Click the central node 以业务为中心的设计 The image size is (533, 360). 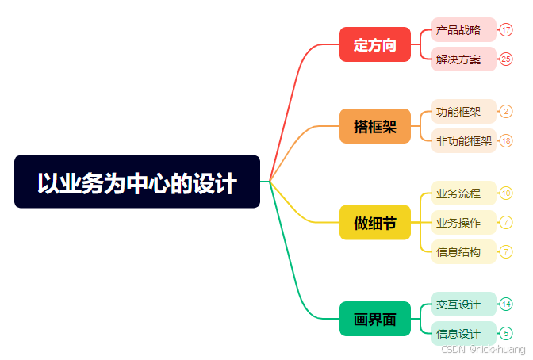click(x=137, y=182)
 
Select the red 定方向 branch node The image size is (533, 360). click(x=374, y=44)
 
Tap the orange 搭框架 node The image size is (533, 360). click(x=374, y=126)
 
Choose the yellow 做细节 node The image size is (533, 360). click(x=374, y=223)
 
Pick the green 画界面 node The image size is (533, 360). click(x=374, y=319)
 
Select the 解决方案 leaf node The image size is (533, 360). click(x=463, y=59)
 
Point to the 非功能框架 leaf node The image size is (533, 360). click(x=464, y=141)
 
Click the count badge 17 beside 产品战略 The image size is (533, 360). click(x=506, y=30)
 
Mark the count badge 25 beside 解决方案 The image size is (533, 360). click(x=506, y=59)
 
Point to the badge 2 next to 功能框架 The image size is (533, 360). click(x=506, y=112)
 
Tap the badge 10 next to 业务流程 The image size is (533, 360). click(x=506, y=193)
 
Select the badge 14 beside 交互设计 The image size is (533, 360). click(x=506, y=304)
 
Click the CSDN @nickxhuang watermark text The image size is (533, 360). click(x=483, y=350)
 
